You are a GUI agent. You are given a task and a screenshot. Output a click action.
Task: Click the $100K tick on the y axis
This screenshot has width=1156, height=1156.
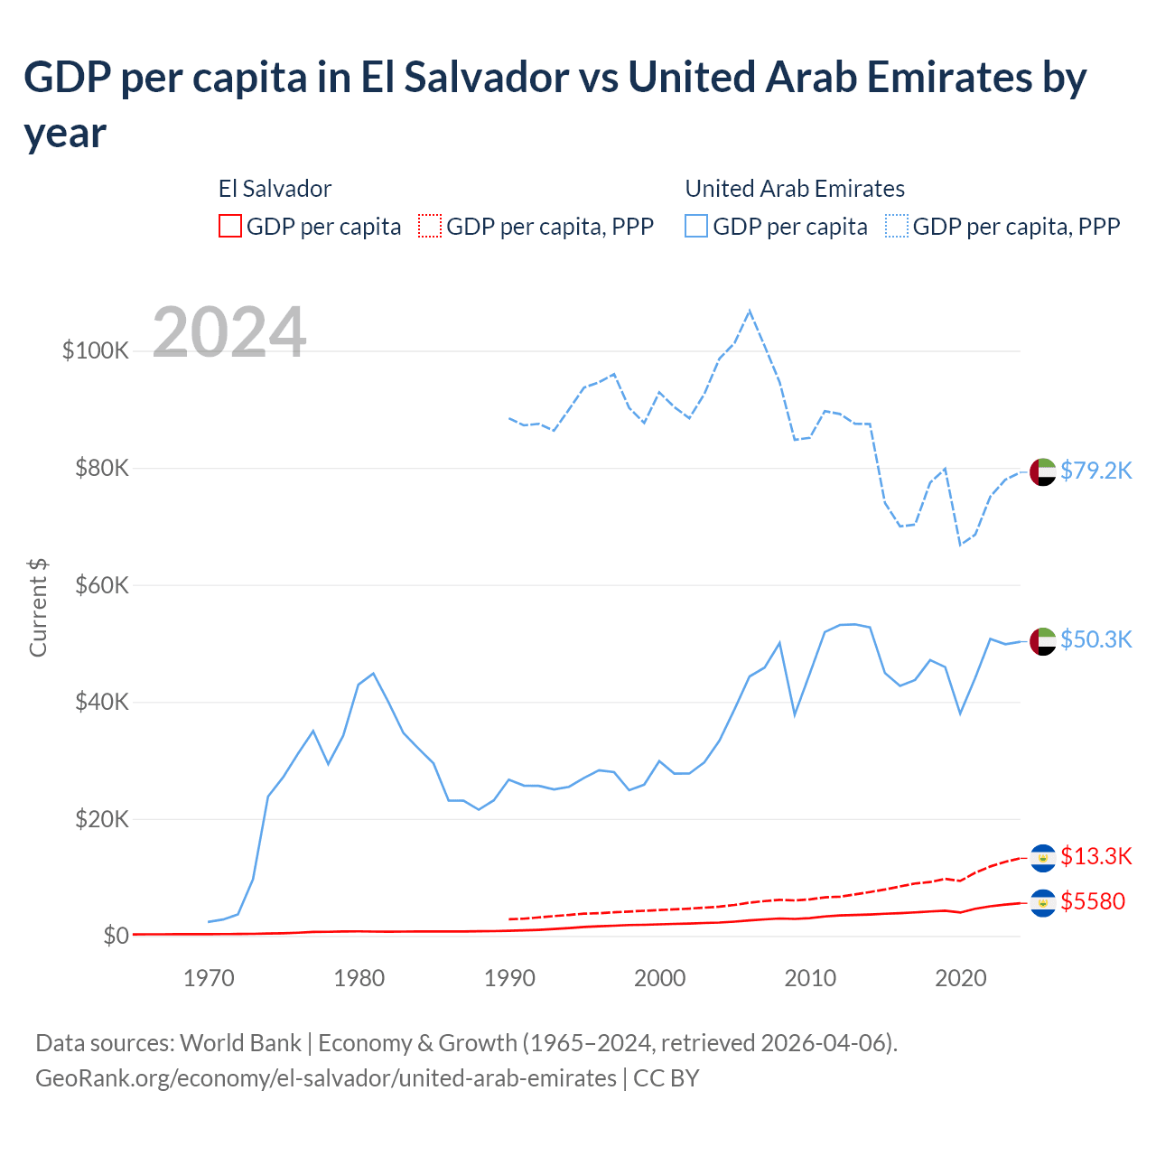pyautogui.click(x=96, y=350)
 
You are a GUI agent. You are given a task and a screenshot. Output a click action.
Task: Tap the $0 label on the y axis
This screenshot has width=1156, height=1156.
pyautogui.click(x=116, y=936)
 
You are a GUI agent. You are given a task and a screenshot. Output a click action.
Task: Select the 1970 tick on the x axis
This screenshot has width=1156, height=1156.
pyautogui.click(x=209, y=978)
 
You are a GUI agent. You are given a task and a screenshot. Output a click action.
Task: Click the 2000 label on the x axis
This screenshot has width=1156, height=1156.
pyautogui.click(x=659, y=978)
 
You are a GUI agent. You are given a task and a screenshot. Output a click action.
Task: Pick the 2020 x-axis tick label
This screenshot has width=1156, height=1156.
pyautogui.click(x=960, y=978)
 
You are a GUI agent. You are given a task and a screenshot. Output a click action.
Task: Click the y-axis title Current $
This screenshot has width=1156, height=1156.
pyautogui.click(x=38, y=607)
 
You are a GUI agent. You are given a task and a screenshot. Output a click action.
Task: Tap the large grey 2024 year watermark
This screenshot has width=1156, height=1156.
pyautogui.click(x=229, y=332)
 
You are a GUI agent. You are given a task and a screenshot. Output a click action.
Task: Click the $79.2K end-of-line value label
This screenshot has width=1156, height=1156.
pyautogui.click(x=1095, y=471)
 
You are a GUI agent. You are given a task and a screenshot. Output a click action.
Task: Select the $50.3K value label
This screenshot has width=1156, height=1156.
pyautogui.click(x=1095, y=639)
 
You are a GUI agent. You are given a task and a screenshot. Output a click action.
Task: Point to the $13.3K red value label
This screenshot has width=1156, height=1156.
pyautogui.click(x=1095, y=856)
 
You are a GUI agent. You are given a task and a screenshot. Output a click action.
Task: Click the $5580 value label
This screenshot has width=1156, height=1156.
pyautogui.click(x=1093, y=901)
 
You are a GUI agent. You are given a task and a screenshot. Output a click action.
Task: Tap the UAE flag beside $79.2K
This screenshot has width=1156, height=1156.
pyautogui.click(x=1042, y=471)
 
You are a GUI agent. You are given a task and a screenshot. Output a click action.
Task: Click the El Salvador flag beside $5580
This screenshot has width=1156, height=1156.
pyautogui.click(x=1042, y=902)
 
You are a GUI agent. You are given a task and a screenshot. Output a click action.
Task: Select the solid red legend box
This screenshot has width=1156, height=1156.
pyautogui.click(x=230, y=226)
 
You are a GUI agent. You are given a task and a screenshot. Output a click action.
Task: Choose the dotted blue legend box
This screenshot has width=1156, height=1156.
pyautogui.click(x=897, y=226)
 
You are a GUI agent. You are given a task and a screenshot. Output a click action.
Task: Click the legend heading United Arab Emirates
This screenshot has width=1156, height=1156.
pyautogui.click(x=795, y=189)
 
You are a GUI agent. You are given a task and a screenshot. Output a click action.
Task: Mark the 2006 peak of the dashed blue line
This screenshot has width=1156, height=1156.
pyautogui.click(x=750, y=312)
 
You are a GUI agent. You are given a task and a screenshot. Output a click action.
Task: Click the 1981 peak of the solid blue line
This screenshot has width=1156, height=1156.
pyautogui.click(x=373, y=673)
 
